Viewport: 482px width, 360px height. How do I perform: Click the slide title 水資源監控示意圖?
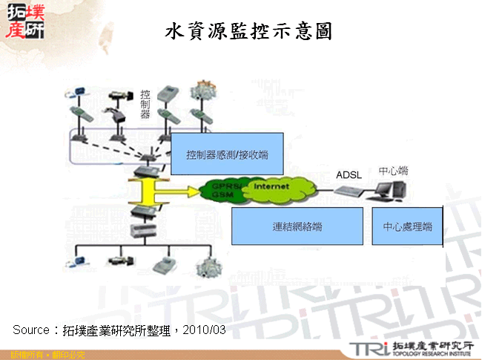[248, 32]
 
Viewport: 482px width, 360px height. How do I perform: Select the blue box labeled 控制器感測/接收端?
[228, 154]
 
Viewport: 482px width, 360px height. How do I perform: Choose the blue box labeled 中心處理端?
[407, 226]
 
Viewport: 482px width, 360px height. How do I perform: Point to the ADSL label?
[349, 175]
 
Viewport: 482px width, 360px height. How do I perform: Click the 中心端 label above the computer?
[393, 171]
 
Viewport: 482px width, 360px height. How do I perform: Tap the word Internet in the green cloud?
[271, 186]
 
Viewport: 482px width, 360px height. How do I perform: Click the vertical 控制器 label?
[145, 105]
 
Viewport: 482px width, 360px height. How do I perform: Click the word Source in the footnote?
[30, 329]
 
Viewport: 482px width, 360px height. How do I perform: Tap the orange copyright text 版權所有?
[21, 355]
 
